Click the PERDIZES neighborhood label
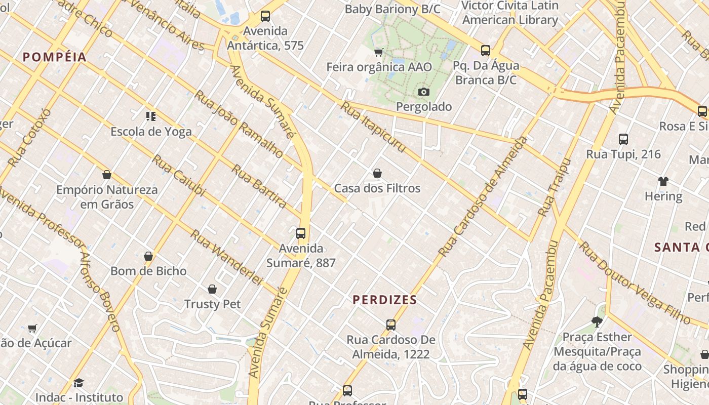click(385, 300)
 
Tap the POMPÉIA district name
click(55, 57)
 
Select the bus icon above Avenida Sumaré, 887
click(301, 233)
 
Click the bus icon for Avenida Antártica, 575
click(265, 16)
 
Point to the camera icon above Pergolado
click(424, 92)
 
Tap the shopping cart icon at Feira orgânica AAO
click(378, 52)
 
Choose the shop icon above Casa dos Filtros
click(377, 174)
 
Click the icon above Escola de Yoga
click(151, 116)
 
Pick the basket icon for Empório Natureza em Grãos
click(107, 175)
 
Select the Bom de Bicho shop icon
click(148, 256)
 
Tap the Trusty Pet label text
click(212, 304)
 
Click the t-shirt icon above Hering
click(663, 181)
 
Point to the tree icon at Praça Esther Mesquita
click(597, 321)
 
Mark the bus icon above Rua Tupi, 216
click(623, 139)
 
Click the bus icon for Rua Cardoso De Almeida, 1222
click(391, 325)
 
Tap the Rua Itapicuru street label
click(373, 127)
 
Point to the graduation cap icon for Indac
click(78, 383)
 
